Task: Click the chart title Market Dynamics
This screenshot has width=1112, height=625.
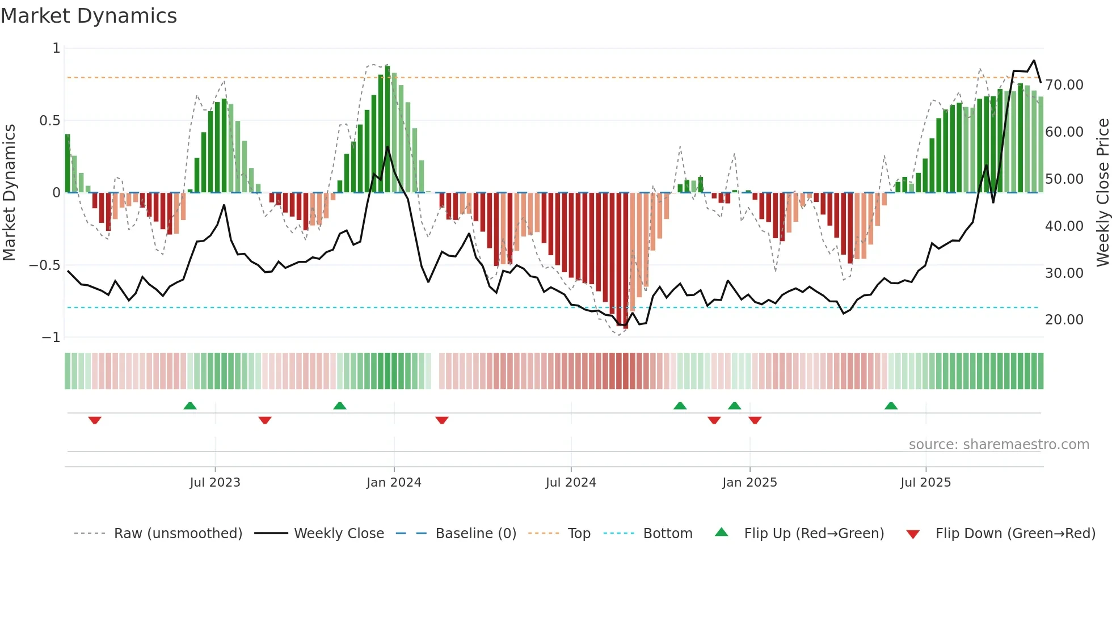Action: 89,16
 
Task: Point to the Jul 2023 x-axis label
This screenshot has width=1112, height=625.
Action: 215,483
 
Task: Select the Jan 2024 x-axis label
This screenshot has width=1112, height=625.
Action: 394,483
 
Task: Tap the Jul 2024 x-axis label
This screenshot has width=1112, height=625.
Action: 571,483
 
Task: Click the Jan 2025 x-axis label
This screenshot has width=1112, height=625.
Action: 749,483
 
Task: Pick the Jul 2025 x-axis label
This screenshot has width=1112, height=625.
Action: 925,483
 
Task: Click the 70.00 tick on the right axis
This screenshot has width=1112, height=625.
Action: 1064,85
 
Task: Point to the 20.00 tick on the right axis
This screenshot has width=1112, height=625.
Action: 1064,320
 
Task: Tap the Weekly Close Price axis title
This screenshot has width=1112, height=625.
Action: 1102,193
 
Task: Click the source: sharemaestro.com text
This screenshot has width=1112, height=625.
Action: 999,445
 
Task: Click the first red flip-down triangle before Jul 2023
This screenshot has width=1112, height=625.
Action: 95,420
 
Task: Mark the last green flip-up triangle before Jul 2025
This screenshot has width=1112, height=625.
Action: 891,406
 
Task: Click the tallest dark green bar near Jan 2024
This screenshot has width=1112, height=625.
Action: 387,129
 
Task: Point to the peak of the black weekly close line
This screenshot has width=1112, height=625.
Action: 1034,61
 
